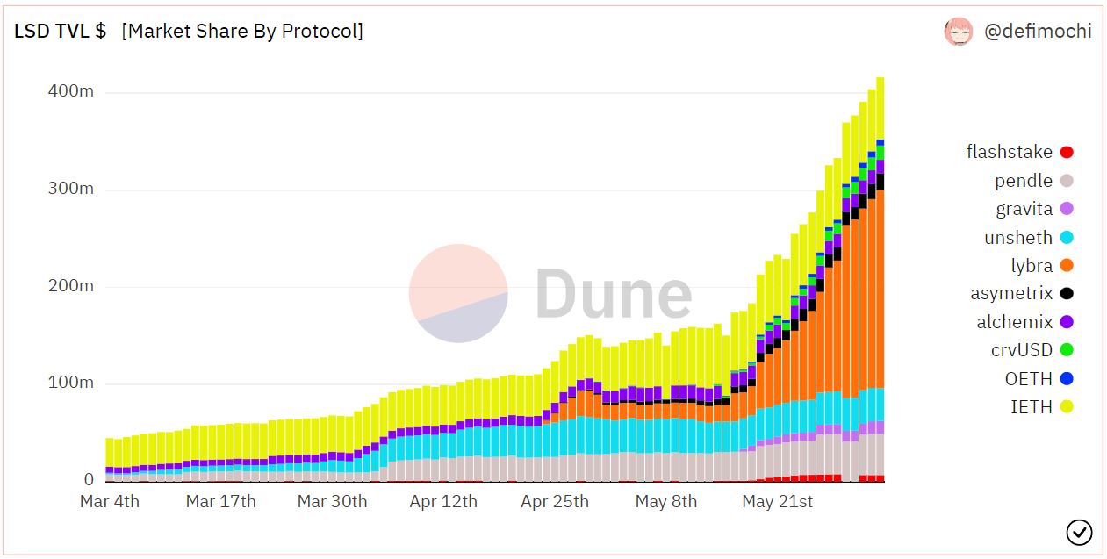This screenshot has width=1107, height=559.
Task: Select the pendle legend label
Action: tap(1024, 181)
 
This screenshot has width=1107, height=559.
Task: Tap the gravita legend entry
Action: tap(1024, 209)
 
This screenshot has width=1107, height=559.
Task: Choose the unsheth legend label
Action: tap(1018, 237)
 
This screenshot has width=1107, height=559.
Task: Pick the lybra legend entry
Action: tap(1032, 265)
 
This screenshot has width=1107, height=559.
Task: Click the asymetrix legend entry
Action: tap(1011, 293)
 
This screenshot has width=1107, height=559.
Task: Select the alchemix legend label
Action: tap(1014, 322)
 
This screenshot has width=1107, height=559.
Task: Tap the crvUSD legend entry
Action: tap(1022, 350)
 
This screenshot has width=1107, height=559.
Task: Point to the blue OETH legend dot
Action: tap(1067, 378)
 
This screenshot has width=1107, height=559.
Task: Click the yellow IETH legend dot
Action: tap(1067, 406)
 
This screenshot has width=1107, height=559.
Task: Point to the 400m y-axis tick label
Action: tap(70, 92)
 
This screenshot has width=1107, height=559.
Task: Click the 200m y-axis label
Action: tap(70, 286)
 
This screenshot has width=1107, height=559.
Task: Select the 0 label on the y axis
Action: tap(89, 480)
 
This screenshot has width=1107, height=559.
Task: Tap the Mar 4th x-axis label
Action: tap(110, 502)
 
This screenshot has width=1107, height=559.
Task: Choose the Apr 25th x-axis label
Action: tap(555, 502)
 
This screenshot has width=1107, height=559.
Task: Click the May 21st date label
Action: tap(778, 502)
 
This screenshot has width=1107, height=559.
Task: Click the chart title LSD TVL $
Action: tap(61, 31)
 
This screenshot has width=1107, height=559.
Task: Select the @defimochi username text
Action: tap(1038, 32)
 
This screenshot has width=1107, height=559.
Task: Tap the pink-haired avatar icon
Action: tap(959, 32)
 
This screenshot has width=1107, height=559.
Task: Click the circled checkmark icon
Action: tap(1079, 532)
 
